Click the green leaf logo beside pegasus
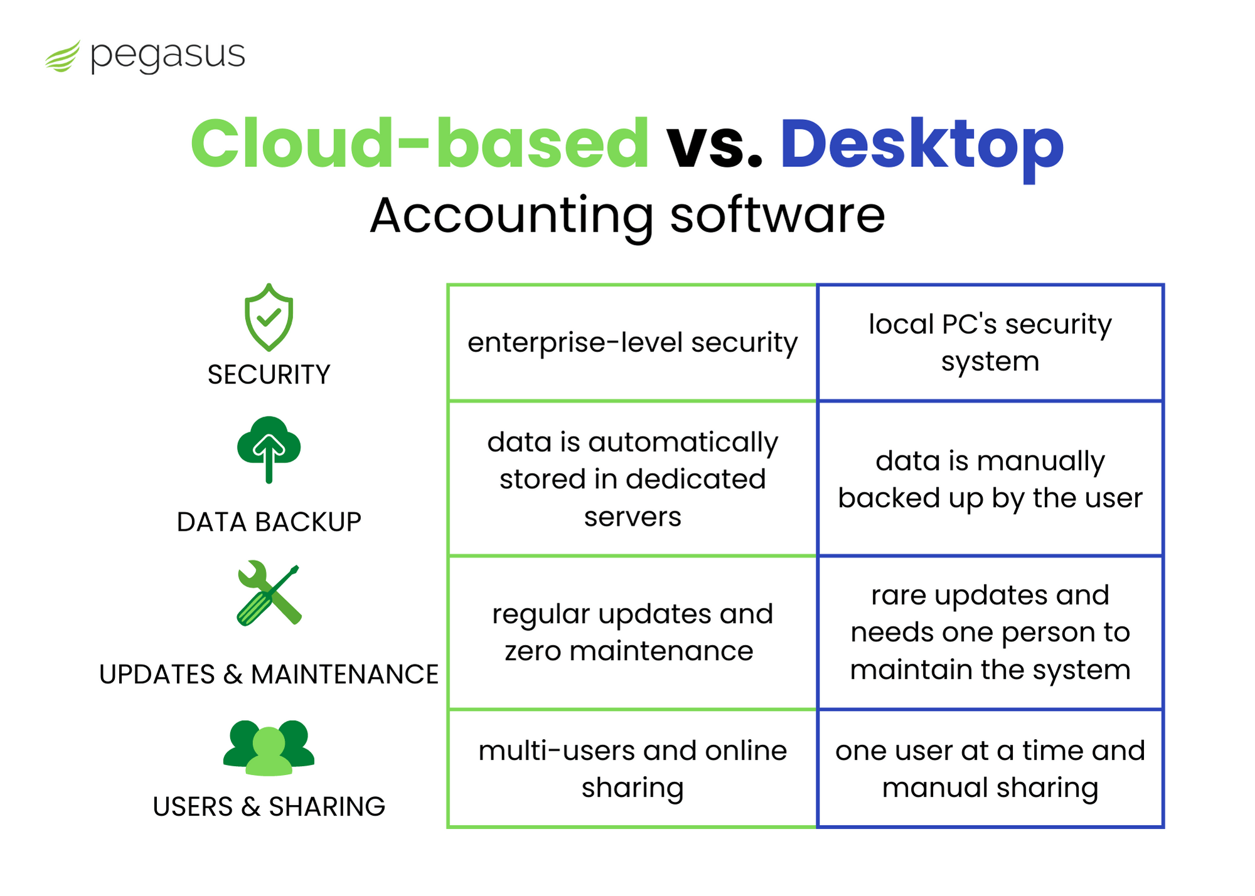pyautogui.click(x=63, y=56)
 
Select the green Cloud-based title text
pyautogui.click(x=419, y=144)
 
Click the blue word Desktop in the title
pyautogui.click(x=921, y=145)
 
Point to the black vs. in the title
pyautogui.click(x=714, y=145)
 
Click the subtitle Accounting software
pyautogui.click(x=627, y=216)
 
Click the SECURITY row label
pyautogui.click(x=269, y=375)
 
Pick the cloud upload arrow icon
pyautogui.click(x=269, y=449)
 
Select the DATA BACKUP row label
pyautogui.click(x=269, y=522)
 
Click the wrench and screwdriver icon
pyautogui.click(x=269, y=593)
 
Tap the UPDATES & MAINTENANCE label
pyautogui.click(x=269, y=675)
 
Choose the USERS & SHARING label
pyautogui.click(x=269, y=807)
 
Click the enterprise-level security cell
pyautogui.click(x=633, y=343)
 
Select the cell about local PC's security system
pyautogui.click(x=990, y=343)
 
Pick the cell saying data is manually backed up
pyautogui.click(x=990, y=479)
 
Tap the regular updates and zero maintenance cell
pyautogui.click(x=633, y=632)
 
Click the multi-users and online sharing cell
pyautogui.click(x=633, y=769)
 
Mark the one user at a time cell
pyautogui.click(x=990, y=769)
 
